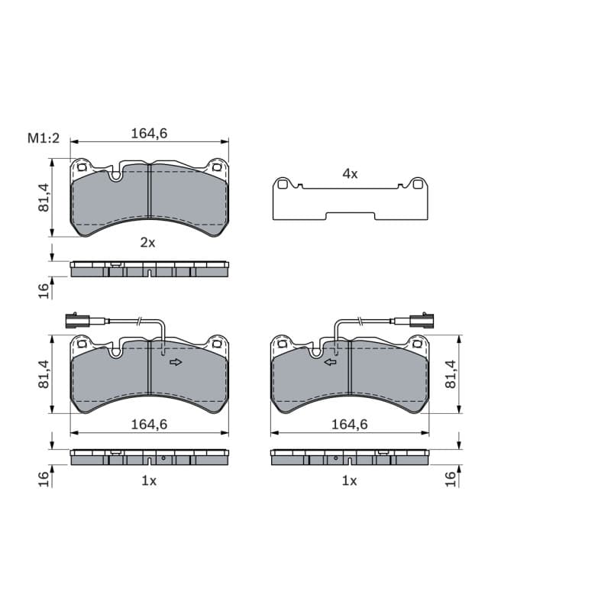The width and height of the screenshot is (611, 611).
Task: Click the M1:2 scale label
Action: pyautogui.click(x=44, y=138)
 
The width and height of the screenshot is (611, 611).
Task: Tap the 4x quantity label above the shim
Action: pyautogui.click(x=350, y=174)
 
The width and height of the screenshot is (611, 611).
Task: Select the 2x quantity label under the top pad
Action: pyautogui.click(x=147, y=243)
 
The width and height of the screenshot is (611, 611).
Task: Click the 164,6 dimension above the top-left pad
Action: pyautogui.click(x=149, y=133)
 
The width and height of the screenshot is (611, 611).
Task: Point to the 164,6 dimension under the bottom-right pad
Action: pyautogui.click(x=350, y=425)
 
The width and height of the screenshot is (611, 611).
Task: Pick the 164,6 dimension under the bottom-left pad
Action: pyautogui.click(x=149, y=425)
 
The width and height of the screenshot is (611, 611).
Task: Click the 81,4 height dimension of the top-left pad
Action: pyautogui.click(x=44, y=198)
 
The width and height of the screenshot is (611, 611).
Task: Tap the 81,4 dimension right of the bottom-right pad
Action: pyautogui.click(x=451, y=374)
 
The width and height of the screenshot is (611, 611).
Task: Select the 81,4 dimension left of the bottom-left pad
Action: pyautogui.click(x=44, y=374)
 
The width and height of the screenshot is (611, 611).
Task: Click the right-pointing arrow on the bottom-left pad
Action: pyautogui.click(x=176, y=362)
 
